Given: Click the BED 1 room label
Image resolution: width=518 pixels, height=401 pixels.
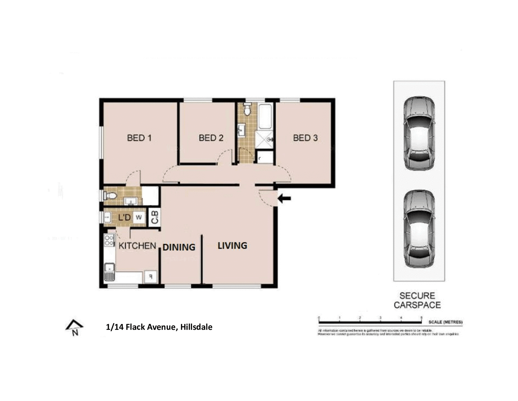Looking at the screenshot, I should tap(139, 138).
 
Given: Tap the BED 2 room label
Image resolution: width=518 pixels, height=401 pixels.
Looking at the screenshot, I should tap(211, 138).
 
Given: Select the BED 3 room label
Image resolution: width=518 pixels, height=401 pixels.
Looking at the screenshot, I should tap(305, 138).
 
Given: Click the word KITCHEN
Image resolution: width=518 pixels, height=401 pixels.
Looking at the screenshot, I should tap(137, 246).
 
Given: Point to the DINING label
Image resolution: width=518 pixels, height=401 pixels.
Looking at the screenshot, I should tap(179, 247).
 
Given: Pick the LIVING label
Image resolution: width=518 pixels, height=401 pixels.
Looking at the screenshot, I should tap(232, 246).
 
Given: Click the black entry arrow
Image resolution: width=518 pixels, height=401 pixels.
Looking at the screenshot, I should tap(284, 199).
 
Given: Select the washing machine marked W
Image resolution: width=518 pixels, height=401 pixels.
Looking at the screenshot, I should tap(139, 217).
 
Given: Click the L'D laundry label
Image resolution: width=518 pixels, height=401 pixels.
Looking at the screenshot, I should tap(124, 217).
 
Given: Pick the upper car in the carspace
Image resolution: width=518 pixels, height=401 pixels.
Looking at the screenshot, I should tap(419, 133).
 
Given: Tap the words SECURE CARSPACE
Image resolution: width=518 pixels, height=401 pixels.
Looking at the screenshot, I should tap(417, 300).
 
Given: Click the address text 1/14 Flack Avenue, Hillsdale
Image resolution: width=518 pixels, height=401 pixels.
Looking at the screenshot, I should tap(159, 327).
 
